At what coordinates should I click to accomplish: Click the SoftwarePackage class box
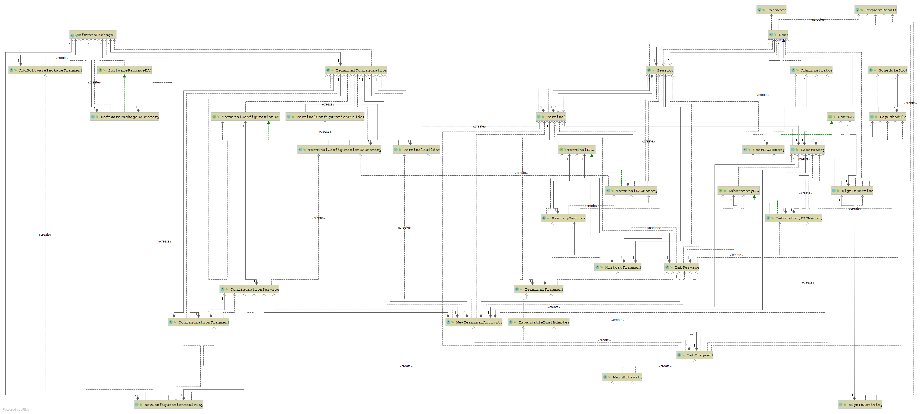(x=93, y=35)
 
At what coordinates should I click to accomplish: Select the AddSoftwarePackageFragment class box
(x=45, y=70)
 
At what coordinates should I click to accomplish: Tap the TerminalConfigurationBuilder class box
(x=325, y=117)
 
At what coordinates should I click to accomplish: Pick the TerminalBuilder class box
(x=416, y=150)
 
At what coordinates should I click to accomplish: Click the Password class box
(x=771, y=10)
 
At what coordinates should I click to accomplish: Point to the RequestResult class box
(x=875, y=10)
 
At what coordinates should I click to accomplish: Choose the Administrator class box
(x=812, y=70)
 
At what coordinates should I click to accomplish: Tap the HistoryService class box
(x=563, y=218)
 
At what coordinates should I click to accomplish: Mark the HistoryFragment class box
(x=618, y=267)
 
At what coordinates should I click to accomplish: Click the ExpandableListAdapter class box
(x=538, y=322)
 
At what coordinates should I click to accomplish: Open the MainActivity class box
(x=622, y=377)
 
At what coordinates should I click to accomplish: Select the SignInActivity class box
(x=860, y=405)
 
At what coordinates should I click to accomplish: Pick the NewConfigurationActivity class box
(x=169, y=405)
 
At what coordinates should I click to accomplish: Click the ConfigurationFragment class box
(x=199, y=322)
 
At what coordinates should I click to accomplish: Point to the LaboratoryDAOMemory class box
(x=794, y=218)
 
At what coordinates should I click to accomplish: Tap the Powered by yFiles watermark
(x=16, y=410)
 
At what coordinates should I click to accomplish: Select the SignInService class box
(x=852, y=191)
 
